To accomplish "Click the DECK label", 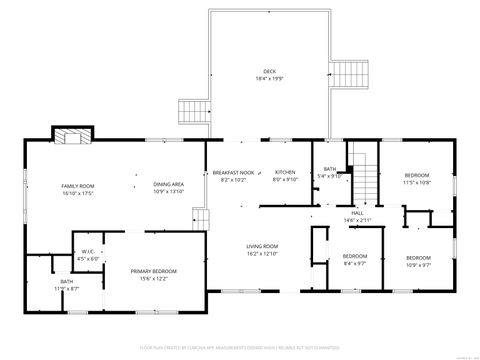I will click(269, 71).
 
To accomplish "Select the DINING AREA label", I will click(168, 184).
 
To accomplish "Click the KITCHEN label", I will click(286, 172).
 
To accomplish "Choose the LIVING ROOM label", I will click(263, 246).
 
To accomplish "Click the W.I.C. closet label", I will click(88, 252).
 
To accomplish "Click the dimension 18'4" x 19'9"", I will click(269, 79).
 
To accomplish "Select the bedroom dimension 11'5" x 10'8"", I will click(417, 183).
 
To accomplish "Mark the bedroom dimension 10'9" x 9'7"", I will click(418, 265).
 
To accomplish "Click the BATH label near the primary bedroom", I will click(66, 282).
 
